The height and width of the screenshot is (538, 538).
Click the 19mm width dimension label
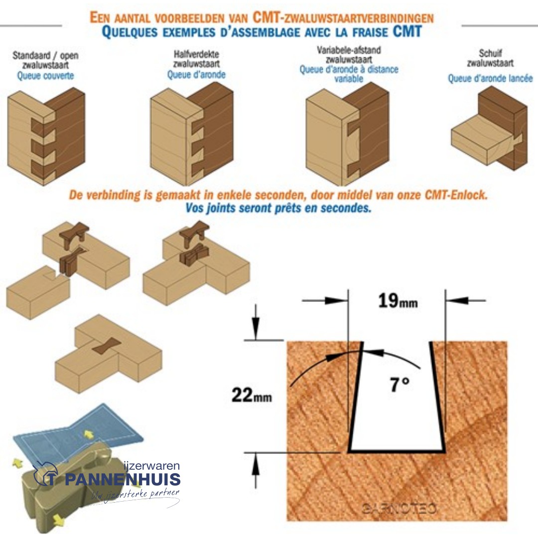pyautogui.click(x=397, y=302)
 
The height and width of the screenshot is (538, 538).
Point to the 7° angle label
pyautogui.click(x=400, y=385)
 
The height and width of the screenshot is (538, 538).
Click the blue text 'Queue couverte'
pyautogui.click(x=45, y=76)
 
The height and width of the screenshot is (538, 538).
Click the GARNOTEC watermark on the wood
pyautogui.click(x=399, y=509)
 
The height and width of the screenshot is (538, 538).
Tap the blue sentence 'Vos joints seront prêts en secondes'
pyautogui.click(x=278, y=208)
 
